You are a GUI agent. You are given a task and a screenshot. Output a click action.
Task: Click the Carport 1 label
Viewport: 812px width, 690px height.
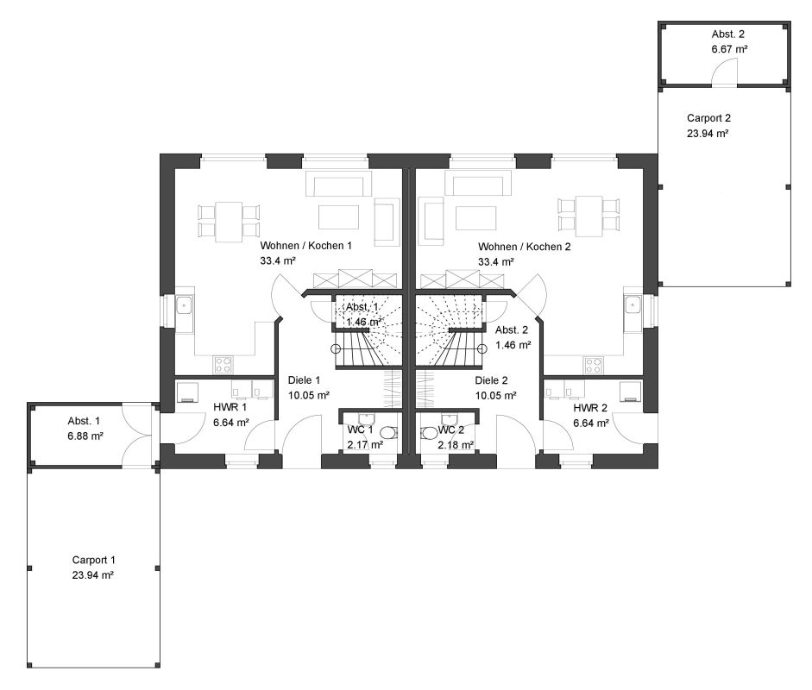94,560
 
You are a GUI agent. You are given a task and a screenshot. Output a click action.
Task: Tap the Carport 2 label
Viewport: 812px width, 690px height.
708,118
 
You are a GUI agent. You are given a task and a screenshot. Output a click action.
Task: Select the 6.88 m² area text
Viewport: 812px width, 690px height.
85,436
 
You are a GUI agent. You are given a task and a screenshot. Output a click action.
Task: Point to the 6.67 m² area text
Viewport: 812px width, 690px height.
729,49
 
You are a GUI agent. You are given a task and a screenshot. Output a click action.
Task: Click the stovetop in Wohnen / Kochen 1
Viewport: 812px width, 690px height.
223,365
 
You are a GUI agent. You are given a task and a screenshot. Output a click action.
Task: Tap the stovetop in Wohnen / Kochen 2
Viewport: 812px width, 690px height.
594,365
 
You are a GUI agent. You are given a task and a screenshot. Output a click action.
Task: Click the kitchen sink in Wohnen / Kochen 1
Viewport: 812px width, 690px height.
184,305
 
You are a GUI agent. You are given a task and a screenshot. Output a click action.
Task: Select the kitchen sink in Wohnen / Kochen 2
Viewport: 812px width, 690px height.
633,305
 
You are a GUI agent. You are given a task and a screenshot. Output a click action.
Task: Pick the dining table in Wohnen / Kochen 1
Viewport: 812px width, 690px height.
229,222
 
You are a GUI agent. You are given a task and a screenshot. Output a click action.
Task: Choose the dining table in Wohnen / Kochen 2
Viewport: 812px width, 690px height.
589,216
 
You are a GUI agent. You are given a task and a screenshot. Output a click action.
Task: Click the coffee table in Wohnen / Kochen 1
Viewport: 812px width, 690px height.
338,216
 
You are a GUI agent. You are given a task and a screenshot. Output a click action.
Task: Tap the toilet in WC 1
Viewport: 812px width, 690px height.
388,433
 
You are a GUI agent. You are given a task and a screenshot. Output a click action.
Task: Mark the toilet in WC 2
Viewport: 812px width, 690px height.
430,433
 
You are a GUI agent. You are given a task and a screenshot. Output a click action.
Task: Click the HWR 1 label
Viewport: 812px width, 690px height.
230,407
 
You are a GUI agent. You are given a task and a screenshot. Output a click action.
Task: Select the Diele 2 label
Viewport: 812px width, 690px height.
492,380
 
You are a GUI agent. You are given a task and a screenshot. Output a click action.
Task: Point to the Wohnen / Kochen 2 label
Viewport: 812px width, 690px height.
524,247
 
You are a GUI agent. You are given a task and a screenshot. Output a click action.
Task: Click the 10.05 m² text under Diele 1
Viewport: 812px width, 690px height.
309,396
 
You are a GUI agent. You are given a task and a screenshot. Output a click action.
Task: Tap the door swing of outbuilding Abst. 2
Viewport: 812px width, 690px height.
724,72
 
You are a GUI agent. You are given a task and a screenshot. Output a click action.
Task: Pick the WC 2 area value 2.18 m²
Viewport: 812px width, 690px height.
456,445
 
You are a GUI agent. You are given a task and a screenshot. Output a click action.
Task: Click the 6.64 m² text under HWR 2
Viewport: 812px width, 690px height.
591,423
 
